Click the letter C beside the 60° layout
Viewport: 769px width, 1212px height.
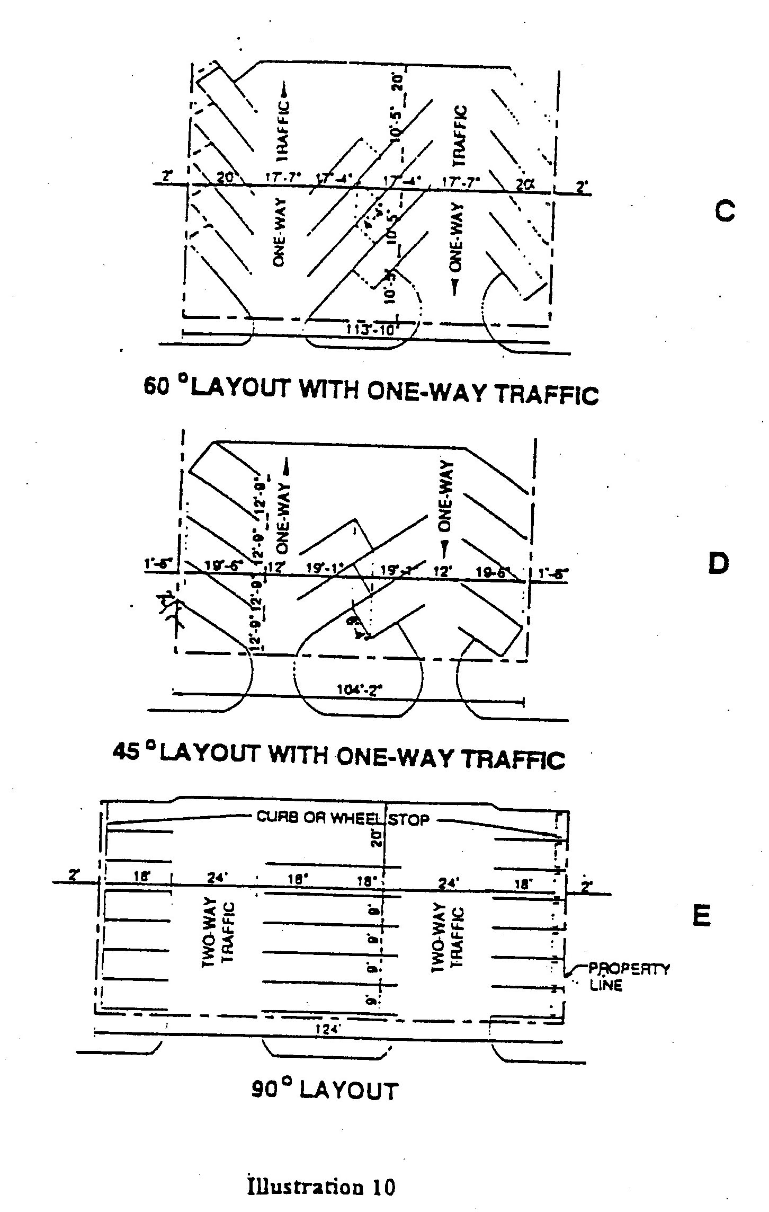(x=724, y=212)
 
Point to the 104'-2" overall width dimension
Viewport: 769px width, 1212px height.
(x=360, y=690)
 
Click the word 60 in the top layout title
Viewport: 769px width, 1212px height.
(x=157, y=387)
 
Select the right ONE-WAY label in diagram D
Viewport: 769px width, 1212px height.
(x=446, y=496)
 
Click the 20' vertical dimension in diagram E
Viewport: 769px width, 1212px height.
(x=377, y=837)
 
